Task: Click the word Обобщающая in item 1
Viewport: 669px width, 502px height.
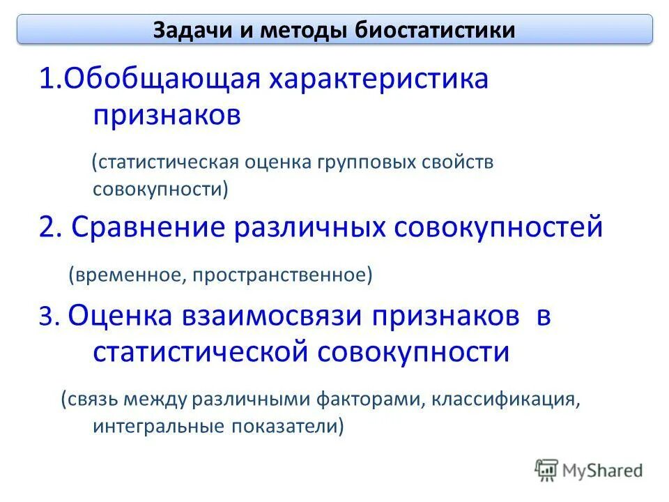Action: (x=160, y=79)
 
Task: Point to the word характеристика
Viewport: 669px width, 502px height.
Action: (x=376, y=79)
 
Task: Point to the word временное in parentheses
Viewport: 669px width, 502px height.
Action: (x=125, y=275)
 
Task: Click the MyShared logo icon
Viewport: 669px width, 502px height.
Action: (x=547, y=469)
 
